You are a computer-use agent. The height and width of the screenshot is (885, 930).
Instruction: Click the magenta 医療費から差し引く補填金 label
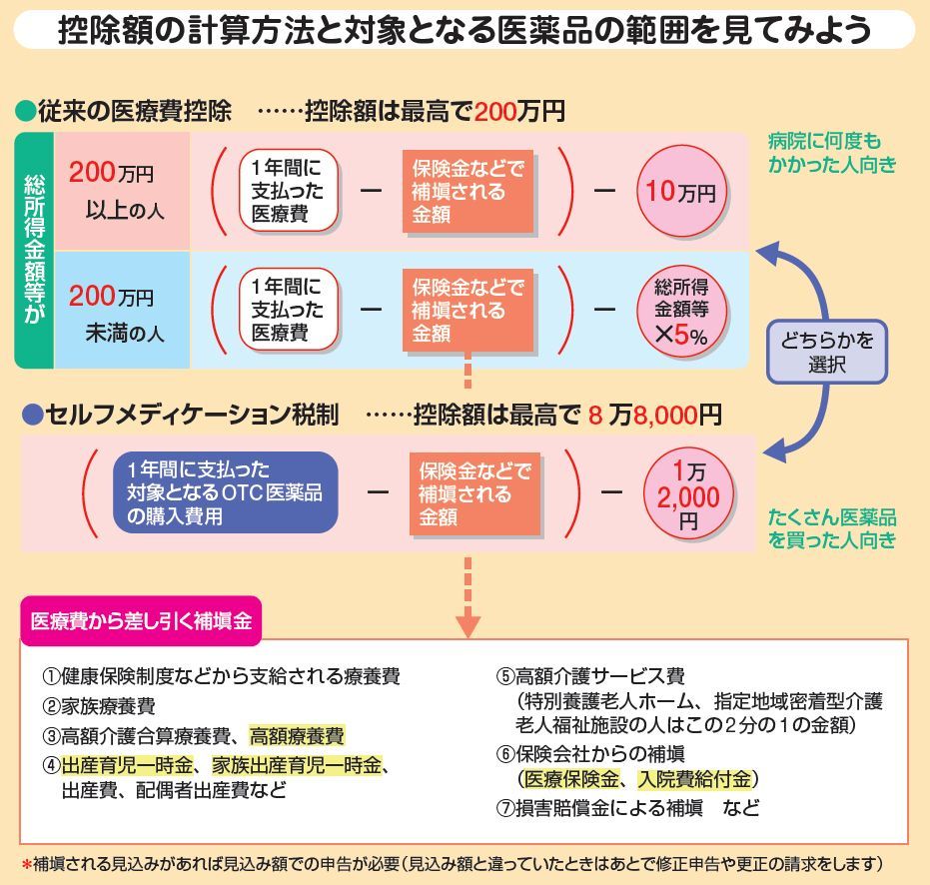pyautogui.click(x=141, y=620)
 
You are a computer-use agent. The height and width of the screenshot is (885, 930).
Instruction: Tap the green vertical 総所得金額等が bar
pyautogui.click(x=34, y=251)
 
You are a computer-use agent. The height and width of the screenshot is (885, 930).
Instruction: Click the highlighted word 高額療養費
pyautogui.click(x=297, y=737)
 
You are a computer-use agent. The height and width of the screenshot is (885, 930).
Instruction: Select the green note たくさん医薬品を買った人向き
pyautogui.click(x=832, y=529)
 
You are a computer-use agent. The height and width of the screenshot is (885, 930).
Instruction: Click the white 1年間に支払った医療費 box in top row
pyautogui.click(x=287, y=191)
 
